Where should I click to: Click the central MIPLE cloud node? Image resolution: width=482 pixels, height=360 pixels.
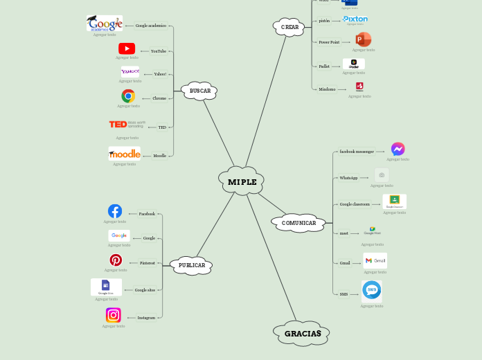coord(242,181)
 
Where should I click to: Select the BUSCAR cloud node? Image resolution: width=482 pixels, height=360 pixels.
coord(199,91)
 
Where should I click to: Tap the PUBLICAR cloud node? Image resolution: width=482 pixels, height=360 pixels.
coord(191,265)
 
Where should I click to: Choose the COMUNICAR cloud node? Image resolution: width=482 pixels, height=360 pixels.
coord(298,223)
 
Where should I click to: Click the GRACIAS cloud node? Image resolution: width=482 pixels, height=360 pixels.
coord(302,333)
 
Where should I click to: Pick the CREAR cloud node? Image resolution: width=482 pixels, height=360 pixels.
coord(289,27)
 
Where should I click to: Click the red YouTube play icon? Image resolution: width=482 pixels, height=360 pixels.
coord(127,48)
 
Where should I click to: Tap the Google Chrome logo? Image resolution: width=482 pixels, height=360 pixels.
coord(128,96)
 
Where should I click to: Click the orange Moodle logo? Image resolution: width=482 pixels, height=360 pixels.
coord(125,154)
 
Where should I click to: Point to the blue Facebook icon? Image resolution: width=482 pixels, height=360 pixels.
coord(115,211)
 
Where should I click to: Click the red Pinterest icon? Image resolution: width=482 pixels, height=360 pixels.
coord(116,260)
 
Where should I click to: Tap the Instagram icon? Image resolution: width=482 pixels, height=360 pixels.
coord(114,315)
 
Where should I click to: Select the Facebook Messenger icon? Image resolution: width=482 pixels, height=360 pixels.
coord(398,149)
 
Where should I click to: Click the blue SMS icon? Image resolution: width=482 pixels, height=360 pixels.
coord(372,289)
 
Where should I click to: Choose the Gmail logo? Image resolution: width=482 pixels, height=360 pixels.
coord(375,260)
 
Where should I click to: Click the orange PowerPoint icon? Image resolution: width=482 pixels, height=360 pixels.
coord(363,39)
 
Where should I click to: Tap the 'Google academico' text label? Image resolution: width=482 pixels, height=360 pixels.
coord(150,26)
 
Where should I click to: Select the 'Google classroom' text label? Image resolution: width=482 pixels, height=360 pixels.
coord(355,204)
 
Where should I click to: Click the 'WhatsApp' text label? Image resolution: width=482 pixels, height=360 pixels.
coord(348,178)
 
